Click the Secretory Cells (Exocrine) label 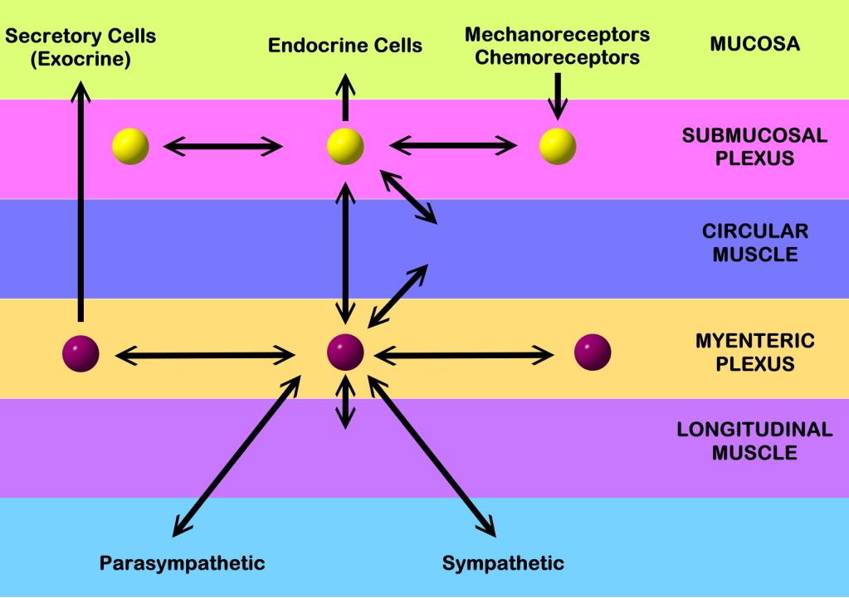(81, 47)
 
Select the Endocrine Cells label (345, 46)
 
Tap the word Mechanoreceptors (557, 35)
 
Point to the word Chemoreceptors (557, 57)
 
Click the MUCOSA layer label (754, 44)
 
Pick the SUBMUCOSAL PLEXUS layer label (754, 147)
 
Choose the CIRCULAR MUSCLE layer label (754, 242)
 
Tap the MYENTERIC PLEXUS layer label (754, 352)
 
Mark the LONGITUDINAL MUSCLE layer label (754, 440)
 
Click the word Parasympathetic (183, 564)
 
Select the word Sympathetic (503, 564)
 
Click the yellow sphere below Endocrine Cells (345, 146)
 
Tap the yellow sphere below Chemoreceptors (558, 146)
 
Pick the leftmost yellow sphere (131, 146)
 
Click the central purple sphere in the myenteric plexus (345, 352)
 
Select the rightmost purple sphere (593, 352)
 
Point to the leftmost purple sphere (81, 352)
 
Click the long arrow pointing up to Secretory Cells (81, 199)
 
